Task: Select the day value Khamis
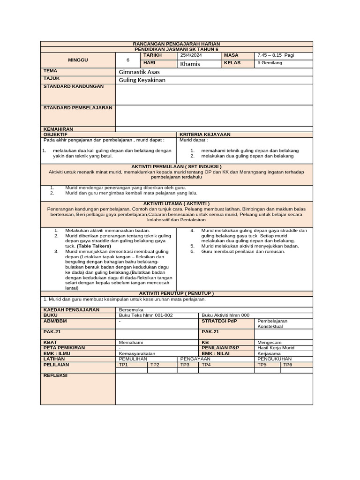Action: point(190,63)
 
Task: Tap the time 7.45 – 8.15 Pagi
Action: point(276,55)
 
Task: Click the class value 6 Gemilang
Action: point(270,63)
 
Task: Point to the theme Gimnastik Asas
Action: point(139,72)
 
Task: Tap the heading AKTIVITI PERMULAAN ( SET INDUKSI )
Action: point(176,166)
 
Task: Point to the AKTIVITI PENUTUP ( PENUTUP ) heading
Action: point(176,293)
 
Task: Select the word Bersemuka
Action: point(131,310)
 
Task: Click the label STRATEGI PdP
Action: point(219,321)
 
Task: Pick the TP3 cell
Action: point(185,364)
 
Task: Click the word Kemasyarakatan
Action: point(137,353)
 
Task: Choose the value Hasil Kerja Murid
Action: point(276,348)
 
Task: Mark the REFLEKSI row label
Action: point(55,375)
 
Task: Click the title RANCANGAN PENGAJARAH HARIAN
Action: point(176,44)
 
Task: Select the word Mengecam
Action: point(270,343)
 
